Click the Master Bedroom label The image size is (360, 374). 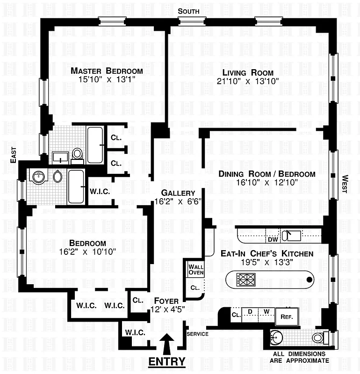(107, 71)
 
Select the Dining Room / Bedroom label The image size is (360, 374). (267, 174)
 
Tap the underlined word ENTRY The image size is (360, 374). (167, 361)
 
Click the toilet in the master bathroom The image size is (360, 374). (78, 154)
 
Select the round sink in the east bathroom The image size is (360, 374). (38, 177)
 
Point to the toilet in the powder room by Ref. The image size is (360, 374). (318, 337)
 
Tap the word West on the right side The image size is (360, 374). (345, 183)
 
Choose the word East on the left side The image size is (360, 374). (13, 155)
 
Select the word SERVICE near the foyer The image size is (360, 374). (197, 334)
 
